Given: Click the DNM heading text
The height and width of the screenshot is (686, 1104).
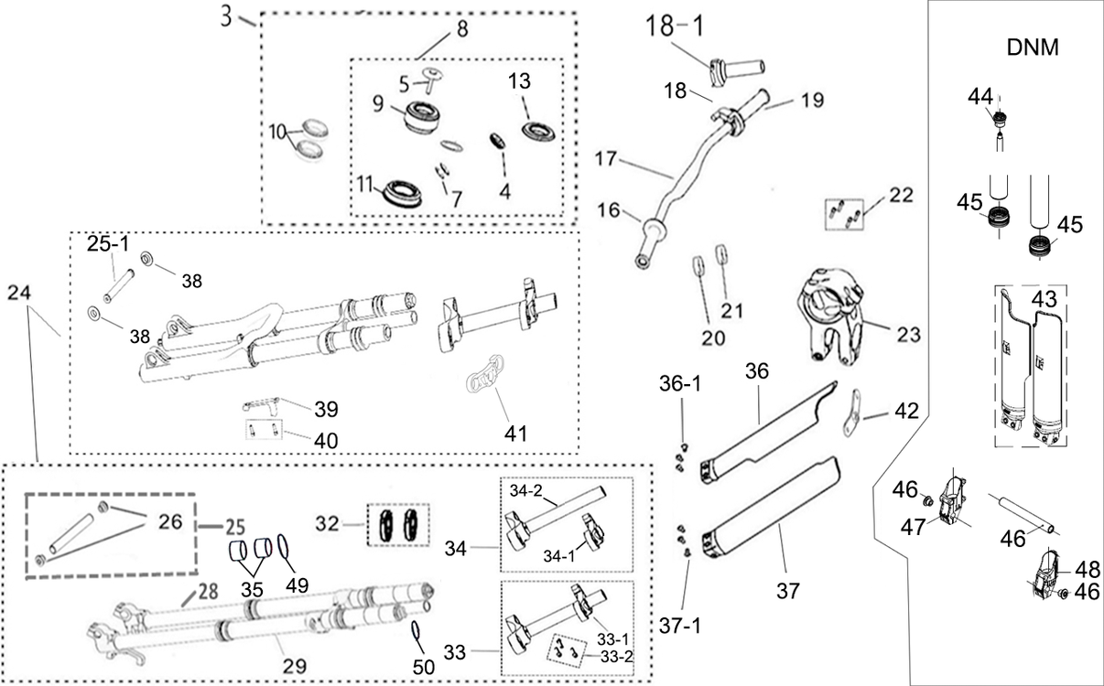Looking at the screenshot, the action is [x=1032, y=48].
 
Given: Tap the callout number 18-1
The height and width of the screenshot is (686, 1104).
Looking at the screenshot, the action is [x=675, y=26].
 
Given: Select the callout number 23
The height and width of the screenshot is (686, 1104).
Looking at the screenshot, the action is [x=908, y=335].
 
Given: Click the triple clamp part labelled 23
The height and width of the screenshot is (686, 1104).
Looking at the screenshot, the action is [x=831, y=316].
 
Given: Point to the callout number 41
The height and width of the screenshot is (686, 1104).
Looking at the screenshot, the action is [x=515, y=434].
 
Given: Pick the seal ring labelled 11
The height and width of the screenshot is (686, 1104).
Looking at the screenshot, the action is [x=403, y=194].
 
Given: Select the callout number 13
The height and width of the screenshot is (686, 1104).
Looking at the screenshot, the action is [x=519, y=81].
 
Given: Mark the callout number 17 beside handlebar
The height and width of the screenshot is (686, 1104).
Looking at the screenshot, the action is [x=606, y=158].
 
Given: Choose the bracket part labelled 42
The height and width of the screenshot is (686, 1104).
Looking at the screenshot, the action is [x=851, y=413].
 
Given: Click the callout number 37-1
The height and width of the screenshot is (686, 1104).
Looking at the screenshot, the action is [x=679, y=626].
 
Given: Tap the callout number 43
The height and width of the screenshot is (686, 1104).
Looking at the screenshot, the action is [x=1044, y=298].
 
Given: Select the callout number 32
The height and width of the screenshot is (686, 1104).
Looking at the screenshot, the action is [x=327, y=524].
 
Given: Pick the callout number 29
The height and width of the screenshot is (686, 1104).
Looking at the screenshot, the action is [x=295, y=666].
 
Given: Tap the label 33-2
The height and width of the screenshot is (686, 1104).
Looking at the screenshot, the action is [x=616, y=657].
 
